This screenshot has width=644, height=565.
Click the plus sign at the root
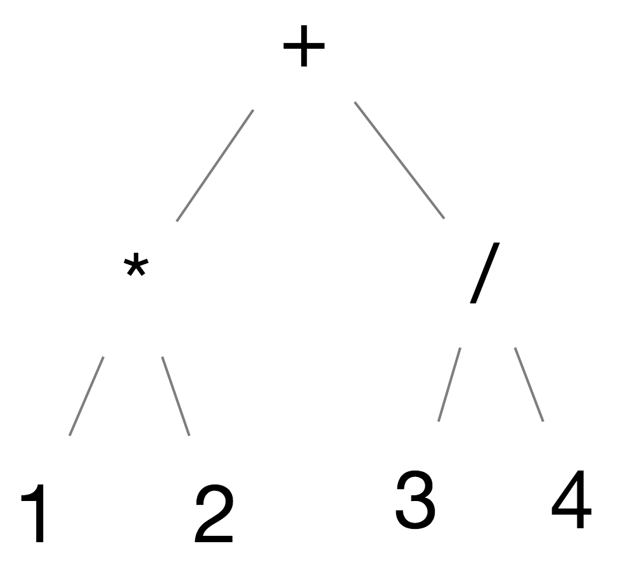(304, 46)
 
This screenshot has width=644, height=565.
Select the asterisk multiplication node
(136, 265)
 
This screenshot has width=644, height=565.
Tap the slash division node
(485, 273)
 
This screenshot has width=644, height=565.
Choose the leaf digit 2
(214, 514)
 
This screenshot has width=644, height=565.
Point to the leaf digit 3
(415, 499)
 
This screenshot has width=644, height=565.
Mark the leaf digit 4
(571, 499)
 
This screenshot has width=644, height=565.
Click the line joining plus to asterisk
(215, 165)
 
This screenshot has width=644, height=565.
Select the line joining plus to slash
(399, 160)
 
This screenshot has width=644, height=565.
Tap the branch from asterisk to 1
(86, 396)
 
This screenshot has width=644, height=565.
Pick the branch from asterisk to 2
(176, 396)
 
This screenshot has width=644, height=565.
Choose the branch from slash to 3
(449, 384)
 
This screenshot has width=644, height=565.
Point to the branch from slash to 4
(529, 384)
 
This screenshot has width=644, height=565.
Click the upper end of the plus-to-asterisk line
(253, 110)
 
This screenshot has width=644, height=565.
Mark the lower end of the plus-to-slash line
(444, 219)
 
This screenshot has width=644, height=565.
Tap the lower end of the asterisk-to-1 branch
(70, 435)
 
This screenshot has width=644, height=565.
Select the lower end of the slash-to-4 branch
(543, 421)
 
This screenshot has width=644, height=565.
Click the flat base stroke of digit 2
(214, 539)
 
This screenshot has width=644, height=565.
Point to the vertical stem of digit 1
(40, 513)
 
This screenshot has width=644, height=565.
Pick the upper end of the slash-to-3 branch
(460, 348)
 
